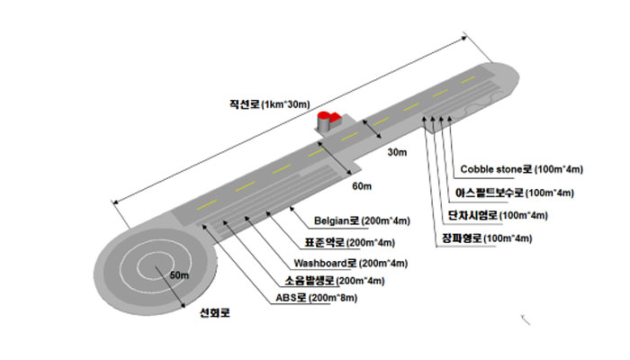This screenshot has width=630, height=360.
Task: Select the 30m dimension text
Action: tap(398, 153)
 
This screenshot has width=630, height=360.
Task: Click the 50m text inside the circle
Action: tap(179, 274)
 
